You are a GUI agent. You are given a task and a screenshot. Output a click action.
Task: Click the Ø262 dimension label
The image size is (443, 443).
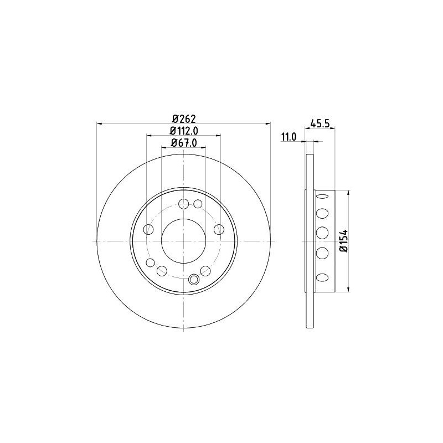pos(184,119)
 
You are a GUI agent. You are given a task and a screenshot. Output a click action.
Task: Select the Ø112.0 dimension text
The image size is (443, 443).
pos(184,131)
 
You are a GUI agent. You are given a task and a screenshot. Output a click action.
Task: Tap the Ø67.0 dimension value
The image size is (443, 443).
pos(184,143)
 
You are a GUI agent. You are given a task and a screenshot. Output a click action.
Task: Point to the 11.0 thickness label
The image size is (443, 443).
pos(289,137)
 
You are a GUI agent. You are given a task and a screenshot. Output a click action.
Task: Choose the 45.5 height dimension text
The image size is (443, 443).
pos(320,123)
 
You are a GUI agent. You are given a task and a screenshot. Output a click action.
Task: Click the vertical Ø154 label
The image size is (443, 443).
pos(343,241)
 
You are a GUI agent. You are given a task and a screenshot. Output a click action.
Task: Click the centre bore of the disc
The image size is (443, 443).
pos(184,241)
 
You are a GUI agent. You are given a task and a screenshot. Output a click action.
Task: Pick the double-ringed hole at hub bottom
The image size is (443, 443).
pos(194,280)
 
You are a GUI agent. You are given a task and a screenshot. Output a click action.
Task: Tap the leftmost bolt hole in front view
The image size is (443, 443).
pos(148,229)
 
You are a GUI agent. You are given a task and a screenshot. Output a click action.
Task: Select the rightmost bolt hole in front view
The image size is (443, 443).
pos(219,229)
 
